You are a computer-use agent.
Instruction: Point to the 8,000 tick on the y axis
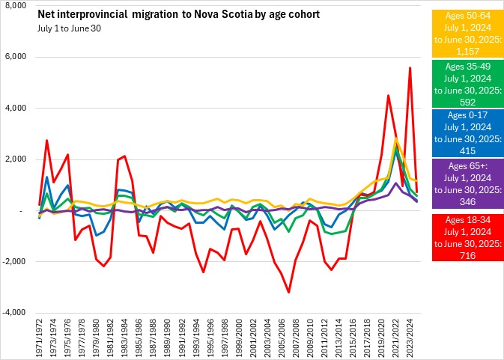(16, 6)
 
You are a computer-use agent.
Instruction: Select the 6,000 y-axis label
(16, 58)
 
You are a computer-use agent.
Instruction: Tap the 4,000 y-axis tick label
(16, 109)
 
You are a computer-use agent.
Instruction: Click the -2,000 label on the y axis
(15, 262)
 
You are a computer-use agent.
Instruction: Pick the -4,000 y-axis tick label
(15, 313)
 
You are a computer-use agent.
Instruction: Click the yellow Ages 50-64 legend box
(464, 34)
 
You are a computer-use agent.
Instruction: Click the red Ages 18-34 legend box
(464, 237)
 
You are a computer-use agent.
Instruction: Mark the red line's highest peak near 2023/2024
(410, 68)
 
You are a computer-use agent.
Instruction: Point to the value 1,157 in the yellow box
(464, 54)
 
